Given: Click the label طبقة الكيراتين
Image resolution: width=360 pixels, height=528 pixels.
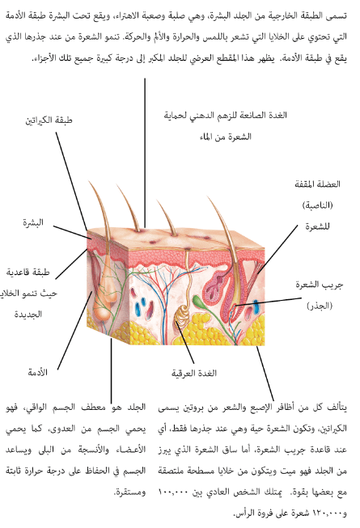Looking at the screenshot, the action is pos(49,120).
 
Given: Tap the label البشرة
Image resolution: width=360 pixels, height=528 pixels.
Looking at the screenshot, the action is pos(33,222).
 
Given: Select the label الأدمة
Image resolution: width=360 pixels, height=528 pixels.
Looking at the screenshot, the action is pos(38,373).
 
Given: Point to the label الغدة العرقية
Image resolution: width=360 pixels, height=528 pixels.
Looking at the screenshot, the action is pos(194,373).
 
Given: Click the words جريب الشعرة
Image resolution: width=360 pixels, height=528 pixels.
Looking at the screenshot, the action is pos(320,285).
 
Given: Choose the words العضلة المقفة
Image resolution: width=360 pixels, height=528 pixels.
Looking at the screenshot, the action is pos(318,184).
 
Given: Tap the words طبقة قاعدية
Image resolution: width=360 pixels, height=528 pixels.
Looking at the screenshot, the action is pos(28,272).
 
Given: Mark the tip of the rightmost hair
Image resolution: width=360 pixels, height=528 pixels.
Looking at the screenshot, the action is pos(208,197).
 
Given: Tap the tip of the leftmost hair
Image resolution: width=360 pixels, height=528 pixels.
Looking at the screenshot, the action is pos(89,182).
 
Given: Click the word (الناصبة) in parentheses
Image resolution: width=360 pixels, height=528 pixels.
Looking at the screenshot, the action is pos(317,205).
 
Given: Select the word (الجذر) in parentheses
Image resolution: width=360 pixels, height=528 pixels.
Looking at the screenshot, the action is pos(320,306).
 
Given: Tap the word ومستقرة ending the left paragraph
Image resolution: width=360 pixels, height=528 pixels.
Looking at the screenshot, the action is pos(130,492).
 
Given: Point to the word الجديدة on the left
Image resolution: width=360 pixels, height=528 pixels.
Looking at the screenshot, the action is pos(28,315).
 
